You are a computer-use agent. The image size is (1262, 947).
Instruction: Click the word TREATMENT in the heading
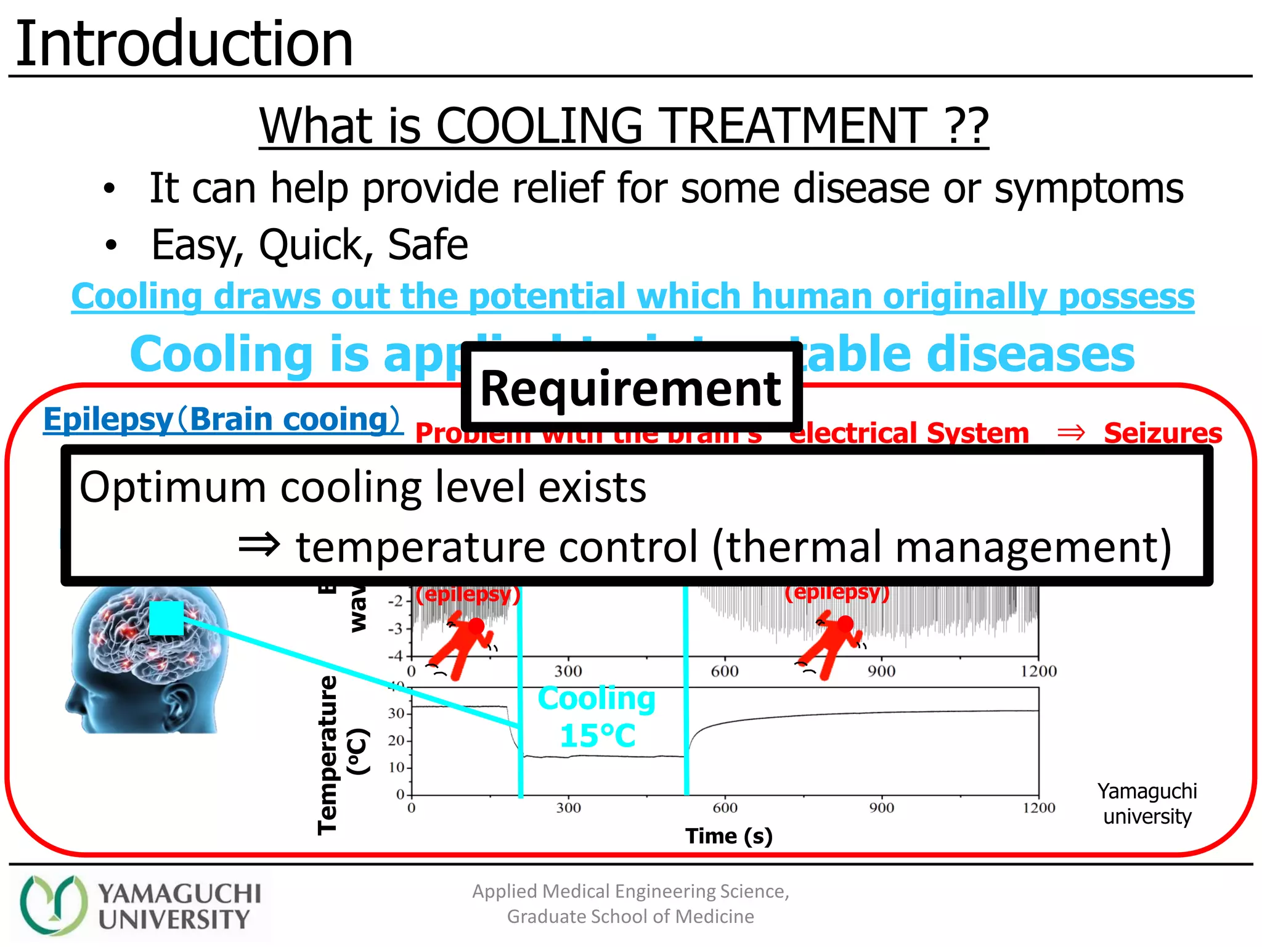point(795,126)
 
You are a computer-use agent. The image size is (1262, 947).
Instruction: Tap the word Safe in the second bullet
point(428,245)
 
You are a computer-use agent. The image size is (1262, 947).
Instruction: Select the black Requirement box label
point(630,388)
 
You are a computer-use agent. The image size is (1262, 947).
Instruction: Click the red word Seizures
point(1162,433)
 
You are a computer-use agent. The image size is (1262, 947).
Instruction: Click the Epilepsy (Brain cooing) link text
point(222,419)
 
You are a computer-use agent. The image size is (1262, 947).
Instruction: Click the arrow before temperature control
point(259,545)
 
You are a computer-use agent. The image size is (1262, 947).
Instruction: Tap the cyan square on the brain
point(166,618)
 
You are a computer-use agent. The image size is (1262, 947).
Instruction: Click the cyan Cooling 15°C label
point(596,716)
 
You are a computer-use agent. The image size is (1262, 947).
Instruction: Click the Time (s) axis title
point(728,836)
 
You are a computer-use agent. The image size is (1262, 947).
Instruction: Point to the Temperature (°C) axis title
point(339,755)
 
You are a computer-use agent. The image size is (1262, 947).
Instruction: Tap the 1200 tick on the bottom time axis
point(1039,808)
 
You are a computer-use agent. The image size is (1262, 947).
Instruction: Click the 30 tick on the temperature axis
point(396,713)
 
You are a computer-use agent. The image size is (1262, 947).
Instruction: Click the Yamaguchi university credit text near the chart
point(1147,803)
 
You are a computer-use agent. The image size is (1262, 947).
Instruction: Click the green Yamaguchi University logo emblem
point(54,904)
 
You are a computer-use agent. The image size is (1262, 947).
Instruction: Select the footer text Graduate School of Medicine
point(630,917)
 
